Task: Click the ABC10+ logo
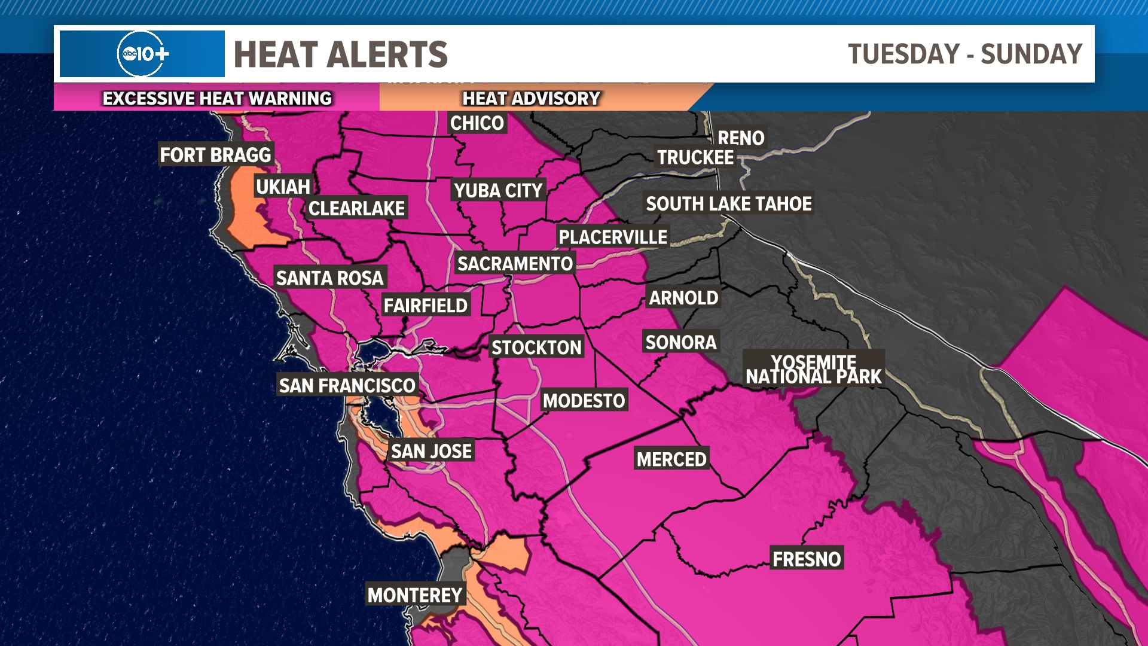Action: [142, 54]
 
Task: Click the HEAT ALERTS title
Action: [340, 54]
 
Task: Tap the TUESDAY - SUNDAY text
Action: [964, 54]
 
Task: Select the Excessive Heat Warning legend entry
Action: [216, 98]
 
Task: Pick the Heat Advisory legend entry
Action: [531, 98]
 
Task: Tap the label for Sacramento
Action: [515, 264]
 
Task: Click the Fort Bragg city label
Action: [215, 155]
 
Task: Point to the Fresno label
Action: [806, 559]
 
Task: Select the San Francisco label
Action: [347, 386]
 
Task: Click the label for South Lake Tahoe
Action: [728, 204]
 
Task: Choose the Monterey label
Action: [415, 595]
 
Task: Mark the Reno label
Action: [741, 138]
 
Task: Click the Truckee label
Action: [695, 158]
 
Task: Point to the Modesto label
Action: [584, 401]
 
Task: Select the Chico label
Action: [477, 123]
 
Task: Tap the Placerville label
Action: [612, 237]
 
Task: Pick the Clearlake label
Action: [356, 209]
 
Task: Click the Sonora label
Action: [680, 343]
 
